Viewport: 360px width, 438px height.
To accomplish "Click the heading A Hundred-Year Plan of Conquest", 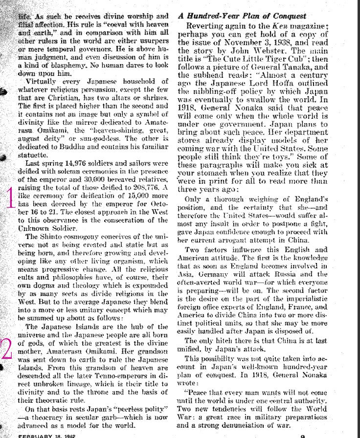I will pos(242,16).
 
